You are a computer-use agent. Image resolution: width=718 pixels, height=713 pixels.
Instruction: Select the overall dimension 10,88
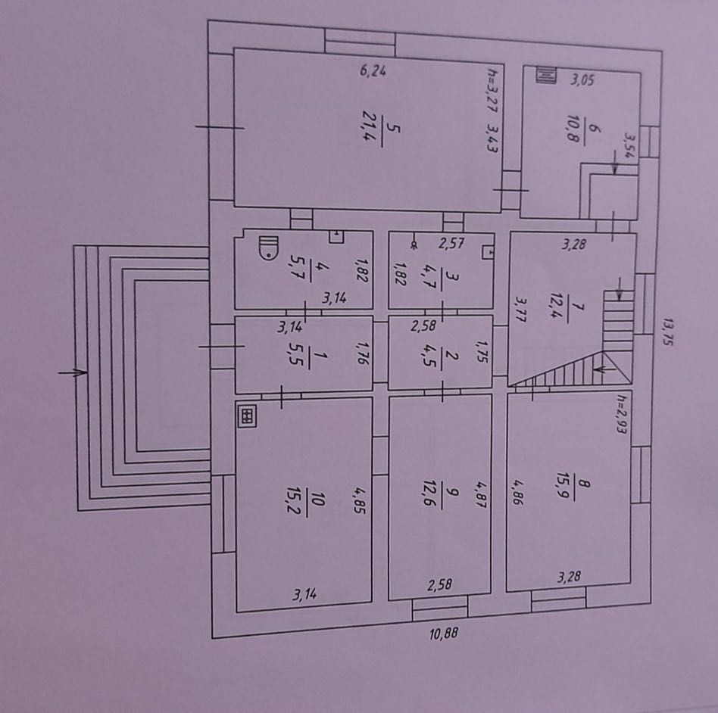pos(444,634)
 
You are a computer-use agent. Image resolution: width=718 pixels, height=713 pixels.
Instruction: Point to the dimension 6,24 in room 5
pos(373,72)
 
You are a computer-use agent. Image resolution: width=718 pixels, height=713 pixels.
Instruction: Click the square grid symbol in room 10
pos(246,416)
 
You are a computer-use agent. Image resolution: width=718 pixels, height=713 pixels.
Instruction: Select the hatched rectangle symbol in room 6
pos(545,74)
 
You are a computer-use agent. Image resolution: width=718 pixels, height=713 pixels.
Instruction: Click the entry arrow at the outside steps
pos(72,372)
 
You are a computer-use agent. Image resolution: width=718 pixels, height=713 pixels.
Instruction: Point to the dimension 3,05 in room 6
pos(581,80)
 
